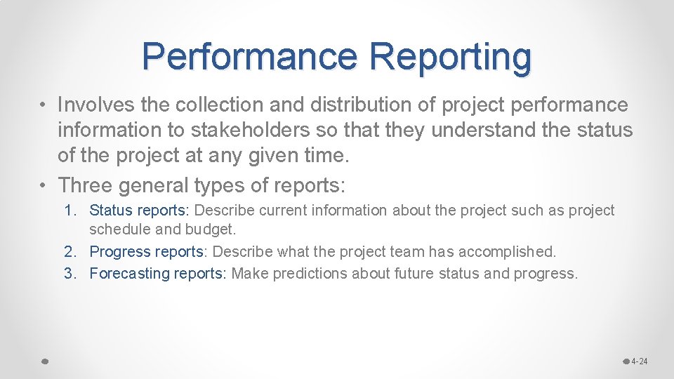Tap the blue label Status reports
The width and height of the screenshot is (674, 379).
(x=139, y=211)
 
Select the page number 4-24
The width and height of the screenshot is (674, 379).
(x=639, y=361)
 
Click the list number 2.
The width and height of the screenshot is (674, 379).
(x=70, y=251)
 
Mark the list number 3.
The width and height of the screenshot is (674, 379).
(x=70, y=273)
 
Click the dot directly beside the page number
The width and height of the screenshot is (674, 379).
(x=626, y=361)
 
